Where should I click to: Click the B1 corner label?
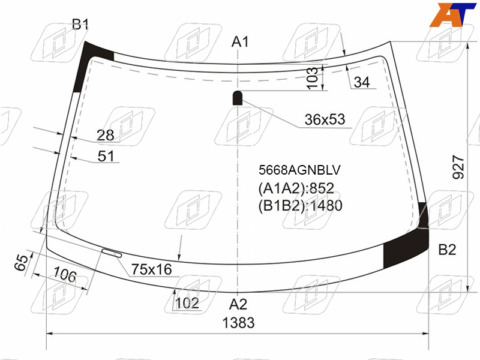coord(80,24)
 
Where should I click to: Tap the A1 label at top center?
coord(240,41)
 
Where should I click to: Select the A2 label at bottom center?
coord(238,304)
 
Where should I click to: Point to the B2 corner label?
coord(447,250)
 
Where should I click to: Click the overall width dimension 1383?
coord(238,323)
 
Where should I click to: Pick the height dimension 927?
coord(458,167)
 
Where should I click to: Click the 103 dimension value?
coord(312,78)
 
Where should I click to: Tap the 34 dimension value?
coord(362,82)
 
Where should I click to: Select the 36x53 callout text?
coord(325,119)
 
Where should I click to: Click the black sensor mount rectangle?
coord(238,98)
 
